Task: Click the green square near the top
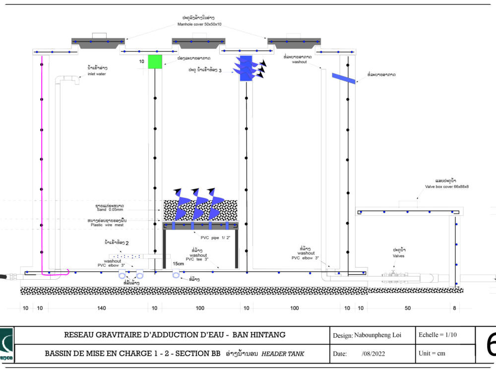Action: [x=155, y=61]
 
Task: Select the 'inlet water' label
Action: [x=97, y=74]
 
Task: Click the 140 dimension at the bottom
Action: [x=101, y=309]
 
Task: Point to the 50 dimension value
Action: [x=408, y=309]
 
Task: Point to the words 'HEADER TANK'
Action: [x=283, y=354]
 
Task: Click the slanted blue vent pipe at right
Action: [x=344, y=78]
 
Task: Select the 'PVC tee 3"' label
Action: [x=197, y=259]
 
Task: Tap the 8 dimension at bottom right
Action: [x=454, y=309]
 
